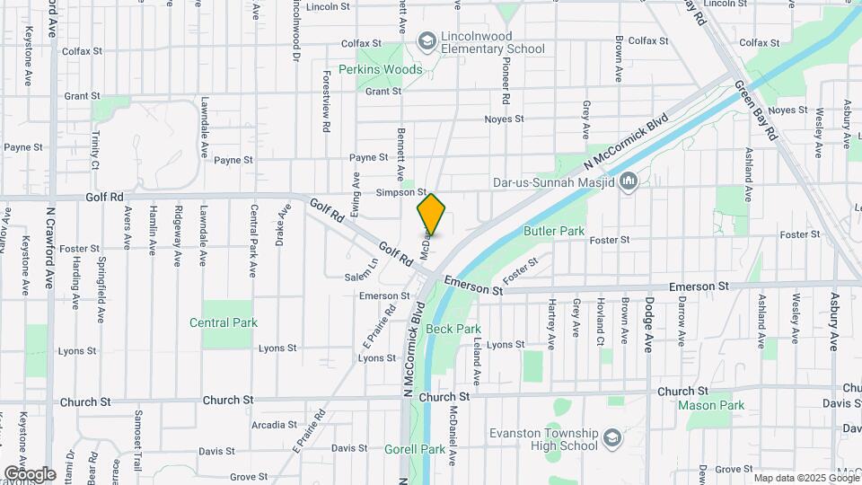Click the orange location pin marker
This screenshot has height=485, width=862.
point(431,215)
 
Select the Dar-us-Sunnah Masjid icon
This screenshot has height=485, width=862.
point(628,182)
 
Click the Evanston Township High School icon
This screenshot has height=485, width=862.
point(612,439)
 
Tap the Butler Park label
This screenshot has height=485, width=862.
point(553,231)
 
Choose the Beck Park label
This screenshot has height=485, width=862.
point(453,329)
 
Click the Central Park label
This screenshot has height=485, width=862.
point(224,322)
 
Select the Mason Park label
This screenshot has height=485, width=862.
point(711,405)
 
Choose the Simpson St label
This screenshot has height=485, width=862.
point(401,192)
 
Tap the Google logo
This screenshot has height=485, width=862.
point(30,473)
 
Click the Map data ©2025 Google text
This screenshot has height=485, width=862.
point(806,478)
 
